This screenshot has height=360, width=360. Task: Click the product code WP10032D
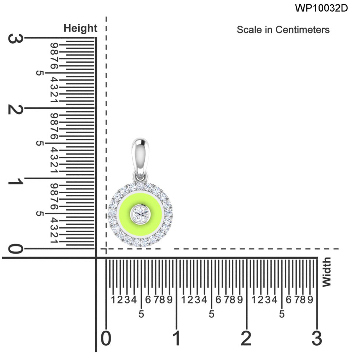321,8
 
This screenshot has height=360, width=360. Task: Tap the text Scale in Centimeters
283,30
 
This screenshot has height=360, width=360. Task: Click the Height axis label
80,28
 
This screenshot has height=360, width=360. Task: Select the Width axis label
326,272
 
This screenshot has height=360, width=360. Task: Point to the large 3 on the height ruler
14,39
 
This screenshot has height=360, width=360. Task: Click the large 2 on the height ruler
14,109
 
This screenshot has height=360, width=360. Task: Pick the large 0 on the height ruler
14,249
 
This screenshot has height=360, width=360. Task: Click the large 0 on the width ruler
106,338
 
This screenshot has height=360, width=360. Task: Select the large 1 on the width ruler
177,338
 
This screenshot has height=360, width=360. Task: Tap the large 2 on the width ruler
246,338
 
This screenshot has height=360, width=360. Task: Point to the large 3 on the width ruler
317,338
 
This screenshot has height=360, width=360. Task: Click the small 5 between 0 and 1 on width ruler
141,314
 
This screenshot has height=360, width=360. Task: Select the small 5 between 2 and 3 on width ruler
282,314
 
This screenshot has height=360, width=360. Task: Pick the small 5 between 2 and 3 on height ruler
39,73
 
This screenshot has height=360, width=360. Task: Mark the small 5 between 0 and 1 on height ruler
39,214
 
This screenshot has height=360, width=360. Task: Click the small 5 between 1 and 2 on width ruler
211,314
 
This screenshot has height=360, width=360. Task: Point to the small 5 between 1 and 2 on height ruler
39,143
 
